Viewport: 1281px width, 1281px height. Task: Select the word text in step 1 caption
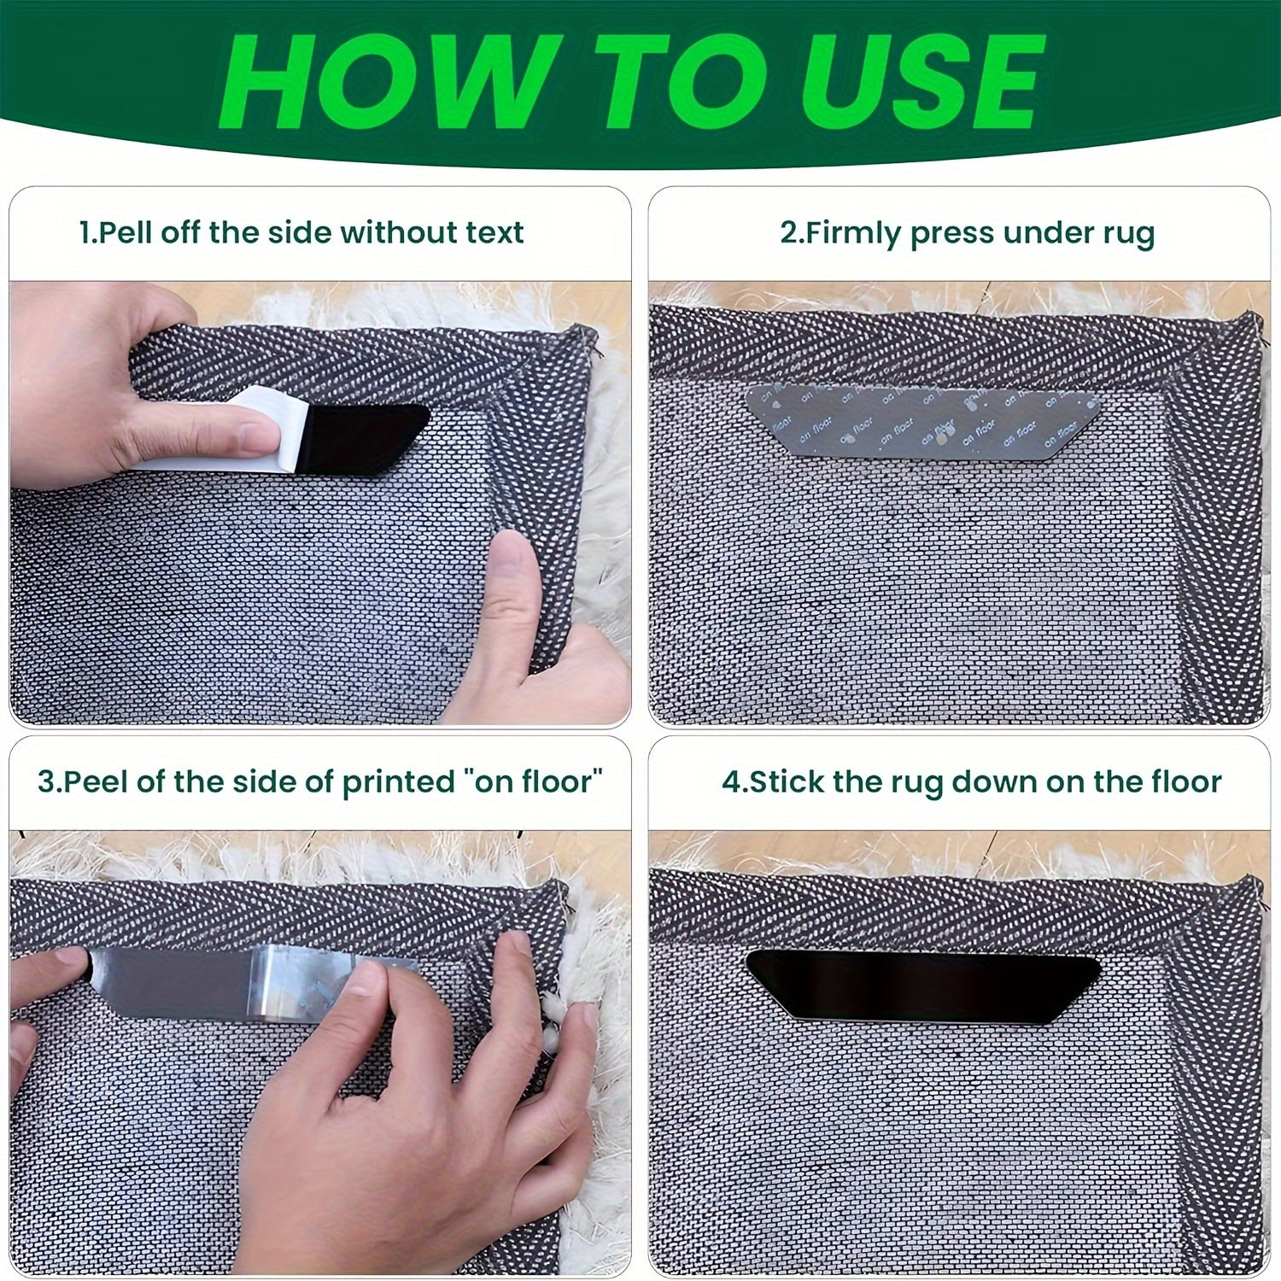(490, 232)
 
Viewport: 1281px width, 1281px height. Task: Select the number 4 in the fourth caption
(730, 781)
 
